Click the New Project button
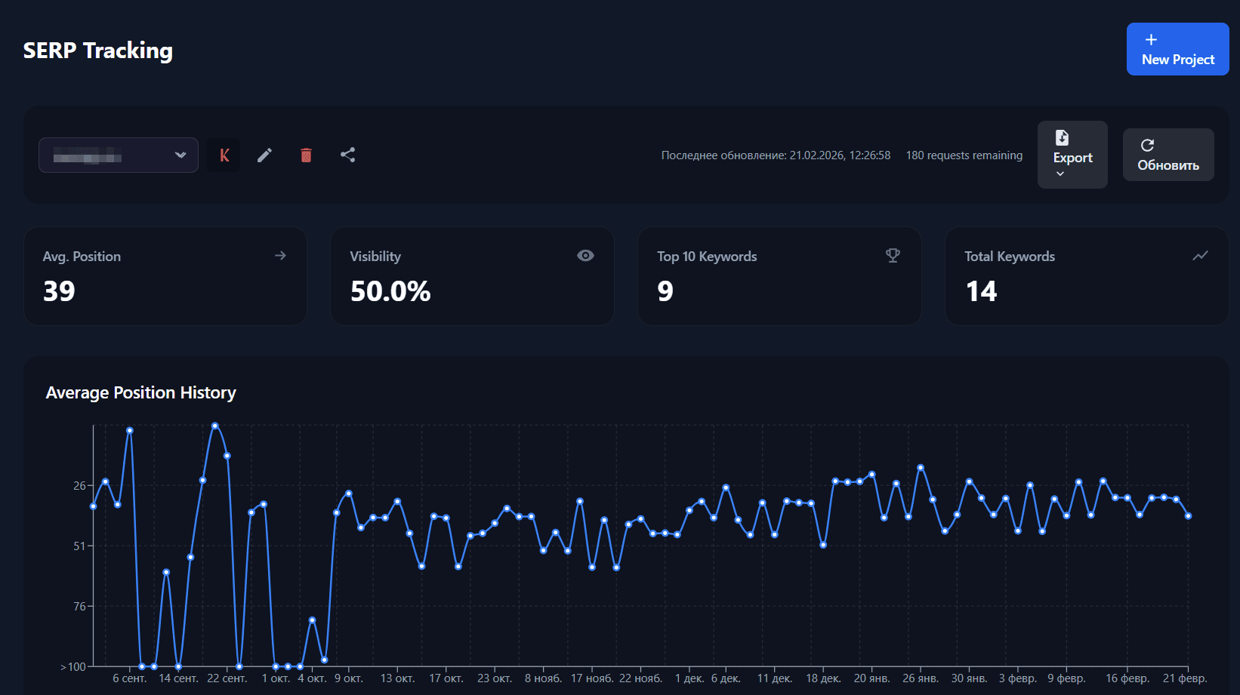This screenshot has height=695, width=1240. coord(1177,49)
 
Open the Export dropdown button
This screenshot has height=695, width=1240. coord(1072,155)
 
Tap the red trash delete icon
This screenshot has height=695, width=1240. coord(306,155)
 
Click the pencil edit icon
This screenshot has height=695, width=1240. coord(264,155)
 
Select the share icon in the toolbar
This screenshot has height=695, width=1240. coord(347,155)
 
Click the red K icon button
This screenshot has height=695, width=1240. coord(224,155)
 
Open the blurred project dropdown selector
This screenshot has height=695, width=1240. coord(119,155)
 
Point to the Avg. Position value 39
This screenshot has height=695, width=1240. coord(59,291)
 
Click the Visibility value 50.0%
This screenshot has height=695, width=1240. coord(390,291)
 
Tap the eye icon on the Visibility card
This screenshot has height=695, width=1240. coord(585,256)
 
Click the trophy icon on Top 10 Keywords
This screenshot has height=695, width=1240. coord(893,256)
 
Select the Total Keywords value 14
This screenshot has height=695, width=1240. coord(981,291)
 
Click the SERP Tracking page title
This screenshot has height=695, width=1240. coord(98,51)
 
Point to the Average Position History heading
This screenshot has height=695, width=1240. coord(141,392)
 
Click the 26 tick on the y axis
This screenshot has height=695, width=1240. coord(79,485)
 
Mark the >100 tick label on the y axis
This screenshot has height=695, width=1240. coord(73,667)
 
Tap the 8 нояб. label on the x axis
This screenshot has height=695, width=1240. coord(543,678)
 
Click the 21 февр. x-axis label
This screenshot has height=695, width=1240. coord(1184,678)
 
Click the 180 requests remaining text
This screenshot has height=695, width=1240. coord(964,155)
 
